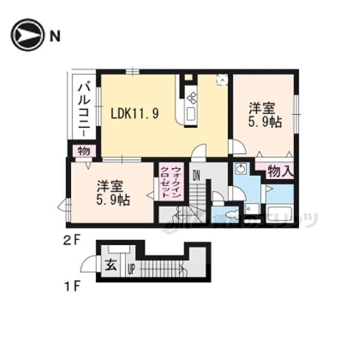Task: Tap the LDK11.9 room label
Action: click(x=134, y=113)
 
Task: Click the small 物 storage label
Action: click(x=83, y=151)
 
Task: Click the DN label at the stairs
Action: click(x=196, y=175)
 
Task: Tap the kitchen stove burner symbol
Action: click(x=192, y=97)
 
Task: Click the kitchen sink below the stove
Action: click(x=191, y=114)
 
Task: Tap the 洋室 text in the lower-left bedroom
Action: click(x=108, y=186)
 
